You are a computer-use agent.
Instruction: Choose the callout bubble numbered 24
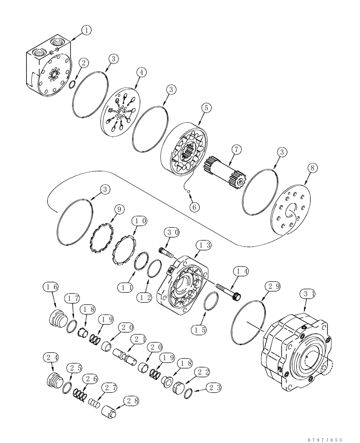(x=50, y=358)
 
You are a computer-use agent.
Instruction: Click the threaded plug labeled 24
(x=53, y=379)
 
